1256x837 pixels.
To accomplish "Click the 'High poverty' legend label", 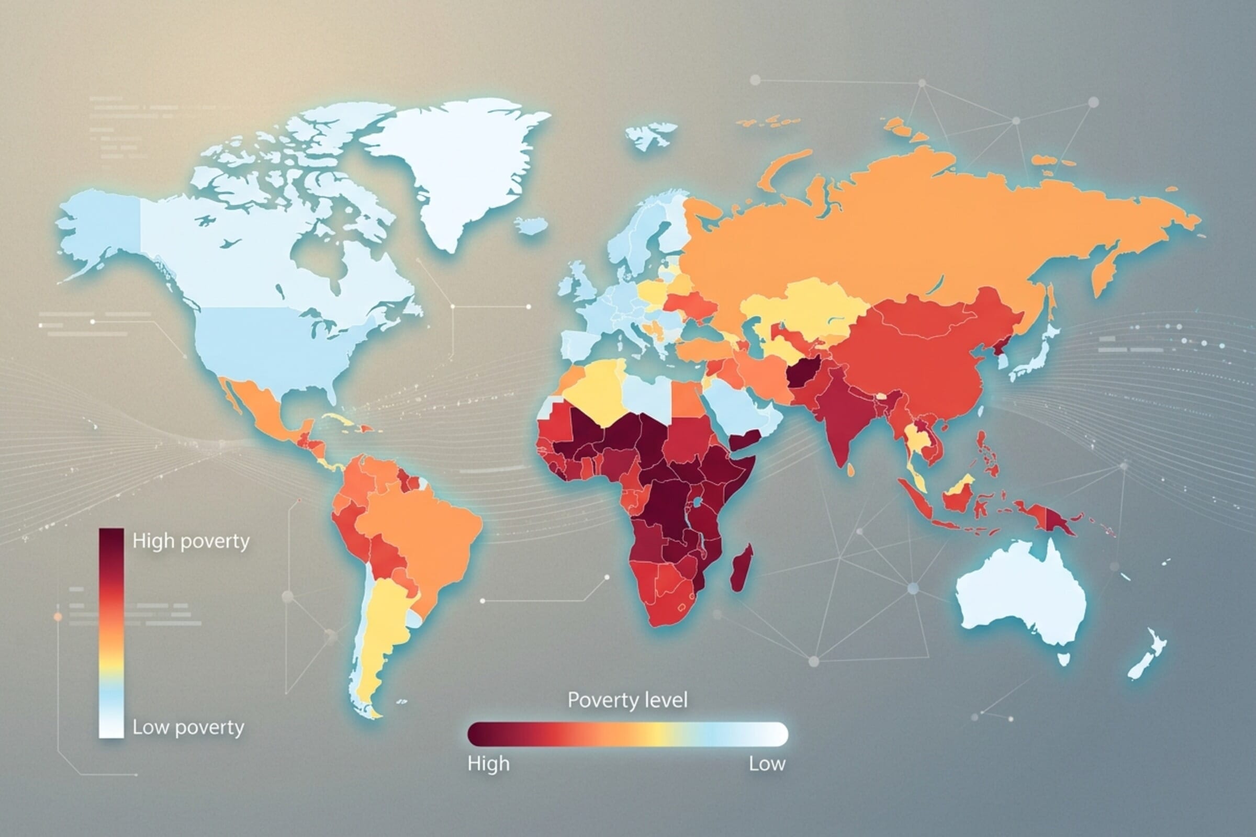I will click(x=190, y=541).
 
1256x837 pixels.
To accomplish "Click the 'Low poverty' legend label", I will click(x=188, y=727).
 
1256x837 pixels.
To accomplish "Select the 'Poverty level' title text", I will click(x=627, y=700).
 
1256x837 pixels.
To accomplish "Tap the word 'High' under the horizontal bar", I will click(x=488, y=764).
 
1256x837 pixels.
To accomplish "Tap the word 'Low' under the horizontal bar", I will click(x=766, y=764).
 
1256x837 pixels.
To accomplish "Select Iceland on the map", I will click(x=532, y=225).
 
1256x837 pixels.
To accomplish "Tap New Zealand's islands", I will click(x=1148, y=657).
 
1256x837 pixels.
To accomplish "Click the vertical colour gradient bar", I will click(x=111, y=632).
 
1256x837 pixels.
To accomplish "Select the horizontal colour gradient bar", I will click(x=627, y=734).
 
